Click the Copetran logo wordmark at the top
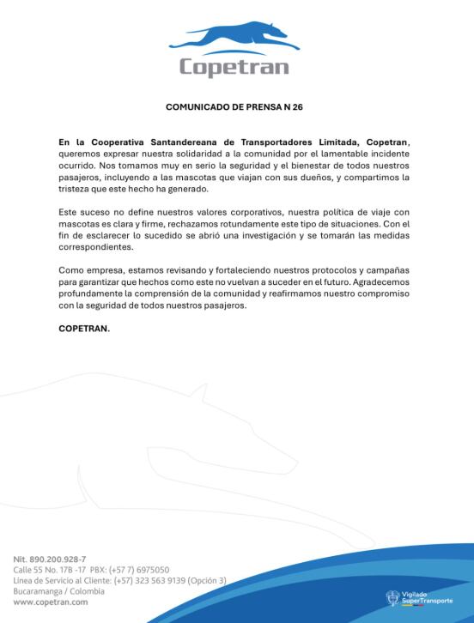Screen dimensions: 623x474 234,66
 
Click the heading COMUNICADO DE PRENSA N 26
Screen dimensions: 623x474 234,108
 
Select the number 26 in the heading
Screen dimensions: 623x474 298,108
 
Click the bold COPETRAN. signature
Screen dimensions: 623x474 84,327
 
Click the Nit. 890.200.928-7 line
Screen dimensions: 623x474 49,559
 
